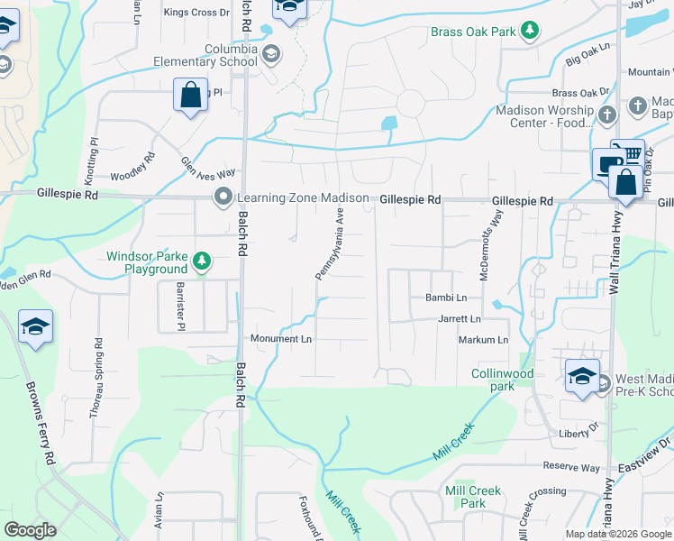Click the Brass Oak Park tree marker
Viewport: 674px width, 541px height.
[531, 32]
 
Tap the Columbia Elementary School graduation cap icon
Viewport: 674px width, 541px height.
[270, 55]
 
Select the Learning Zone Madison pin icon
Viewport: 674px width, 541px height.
[223, 197]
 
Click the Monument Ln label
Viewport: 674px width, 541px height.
[281, 339]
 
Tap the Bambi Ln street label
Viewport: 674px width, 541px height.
[446, 298]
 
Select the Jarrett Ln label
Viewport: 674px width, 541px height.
[460, 318]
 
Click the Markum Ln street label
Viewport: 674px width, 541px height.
[483, 340]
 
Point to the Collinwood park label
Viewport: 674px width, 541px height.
[502, 380]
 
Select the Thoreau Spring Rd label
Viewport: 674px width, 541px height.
[96, 379]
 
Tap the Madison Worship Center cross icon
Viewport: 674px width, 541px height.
[606, 115]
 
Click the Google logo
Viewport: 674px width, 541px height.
[30, 530]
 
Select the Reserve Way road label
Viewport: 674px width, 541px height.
[570, 467]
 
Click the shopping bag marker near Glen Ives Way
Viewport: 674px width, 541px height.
[191, 95]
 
